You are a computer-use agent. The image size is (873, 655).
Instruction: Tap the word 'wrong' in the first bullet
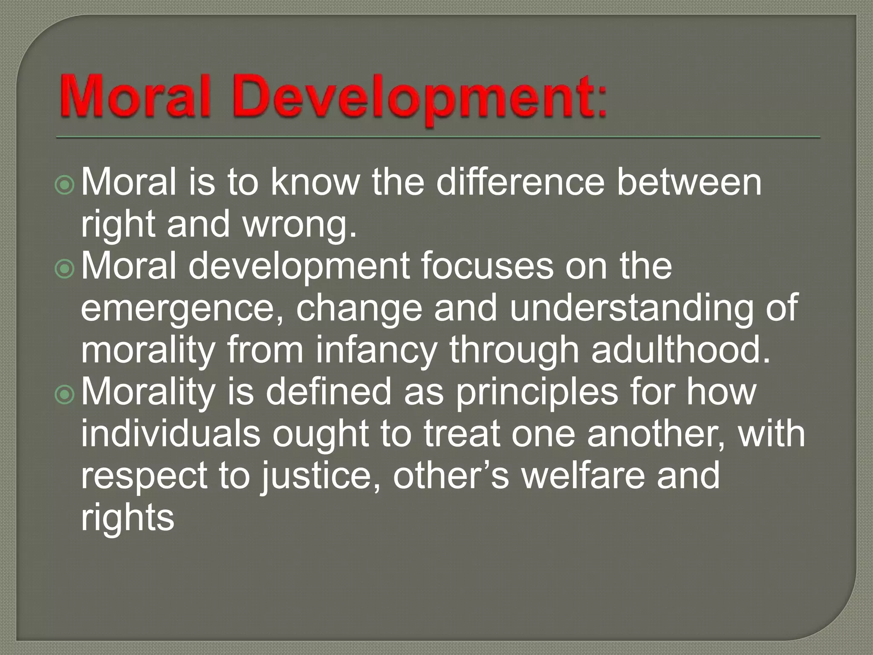[x=296, y=226]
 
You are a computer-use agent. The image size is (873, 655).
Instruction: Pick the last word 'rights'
[x=127, y=519]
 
